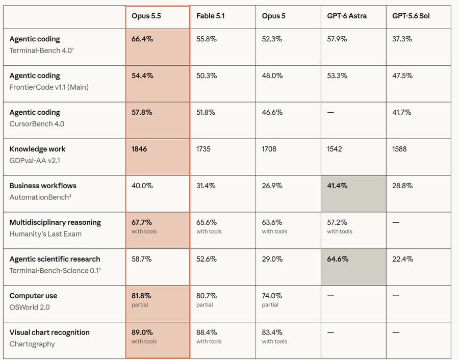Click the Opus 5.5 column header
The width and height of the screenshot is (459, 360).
click(146, 16)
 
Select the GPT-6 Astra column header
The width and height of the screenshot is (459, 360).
click(347, 16)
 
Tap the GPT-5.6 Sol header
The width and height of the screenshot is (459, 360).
click(411, 16)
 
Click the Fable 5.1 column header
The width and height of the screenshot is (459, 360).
click(211, 16)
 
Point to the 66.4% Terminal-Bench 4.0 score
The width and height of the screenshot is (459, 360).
click(142, 39)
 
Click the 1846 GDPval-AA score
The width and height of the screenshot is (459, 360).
click(139, 149)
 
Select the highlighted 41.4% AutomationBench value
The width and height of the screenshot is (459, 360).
click(337, 186)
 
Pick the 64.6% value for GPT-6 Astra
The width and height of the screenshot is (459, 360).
click(338, 260)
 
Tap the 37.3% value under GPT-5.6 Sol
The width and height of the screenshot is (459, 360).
click(402, 39)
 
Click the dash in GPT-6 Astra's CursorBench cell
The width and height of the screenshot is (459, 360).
click(330, 113)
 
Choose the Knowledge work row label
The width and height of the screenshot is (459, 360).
click(37, 149)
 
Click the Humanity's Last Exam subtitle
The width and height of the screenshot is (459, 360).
click(45, 234)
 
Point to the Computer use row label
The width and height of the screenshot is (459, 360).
click(33, 296)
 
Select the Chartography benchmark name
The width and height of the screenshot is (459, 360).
click(32, 344)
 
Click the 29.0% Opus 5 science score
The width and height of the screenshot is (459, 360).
click(272, 260)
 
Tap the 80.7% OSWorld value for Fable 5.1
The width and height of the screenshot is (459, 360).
click(207, 296)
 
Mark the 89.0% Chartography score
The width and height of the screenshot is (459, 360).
click(142, 332)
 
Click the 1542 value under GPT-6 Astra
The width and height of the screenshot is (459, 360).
click(334, 149)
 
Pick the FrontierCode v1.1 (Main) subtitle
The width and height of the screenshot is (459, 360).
click(49, 87)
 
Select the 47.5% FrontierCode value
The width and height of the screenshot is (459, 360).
click(402, 76)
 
